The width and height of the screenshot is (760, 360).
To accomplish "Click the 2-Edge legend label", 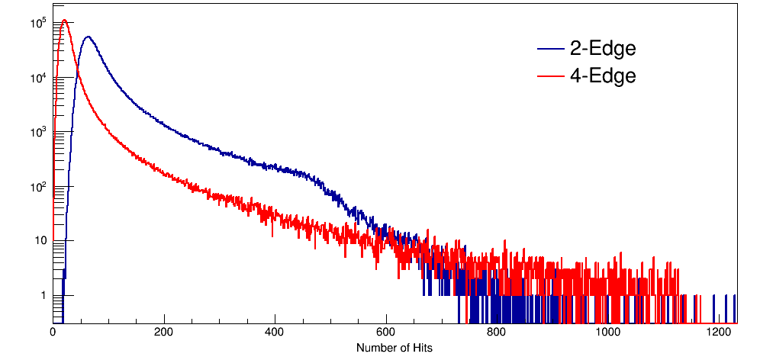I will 603,49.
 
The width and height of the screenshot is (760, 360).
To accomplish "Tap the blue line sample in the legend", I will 550,50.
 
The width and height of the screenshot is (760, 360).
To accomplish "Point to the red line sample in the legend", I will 550,76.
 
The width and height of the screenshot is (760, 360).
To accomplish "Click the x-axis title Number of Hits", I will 394,348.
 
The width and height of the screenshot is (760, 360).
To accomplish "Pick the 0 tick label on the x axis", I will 53,333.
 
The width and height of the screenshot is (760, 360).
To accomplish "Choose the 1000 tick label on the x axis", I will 609,333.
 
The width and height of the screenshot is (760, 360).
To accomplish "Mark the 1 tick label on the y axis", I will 43,295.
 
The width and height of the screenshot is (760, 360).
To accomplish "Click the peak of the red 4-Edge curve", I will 65,21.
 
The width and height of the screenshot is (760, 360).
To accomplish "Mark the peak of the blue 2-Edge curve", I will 88,37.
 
